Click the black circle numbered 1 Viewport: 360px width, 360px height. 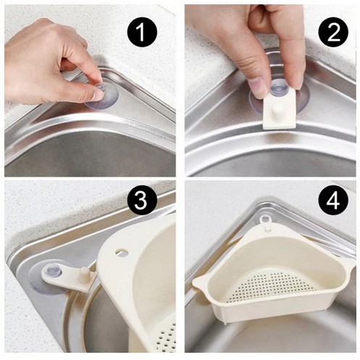[141, 33]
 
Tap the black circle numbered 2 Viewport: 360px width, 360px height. [333, 33]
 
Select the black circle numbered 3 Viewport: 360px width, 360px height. [141, 201]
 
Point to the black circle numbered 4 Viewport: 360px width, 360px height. [333, 201]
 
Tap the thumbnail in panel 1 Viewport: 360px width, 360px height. [99, 95]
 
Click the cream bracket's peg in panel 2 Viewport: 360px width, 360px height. [278, 109]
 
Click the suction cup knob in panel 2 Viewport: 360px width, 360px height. [279, 88]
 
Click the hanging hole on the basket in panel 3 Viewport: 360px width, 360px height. [122, 251]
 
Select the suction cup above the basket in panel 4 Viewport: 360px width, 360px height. [265, 219]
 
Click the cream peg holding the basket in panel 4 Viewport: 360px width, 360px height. [267, 229]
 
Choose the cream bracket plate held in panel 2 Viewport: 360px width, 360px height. [280, 109]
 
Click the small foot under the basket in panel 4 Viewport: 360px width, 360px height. [225, 323]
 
